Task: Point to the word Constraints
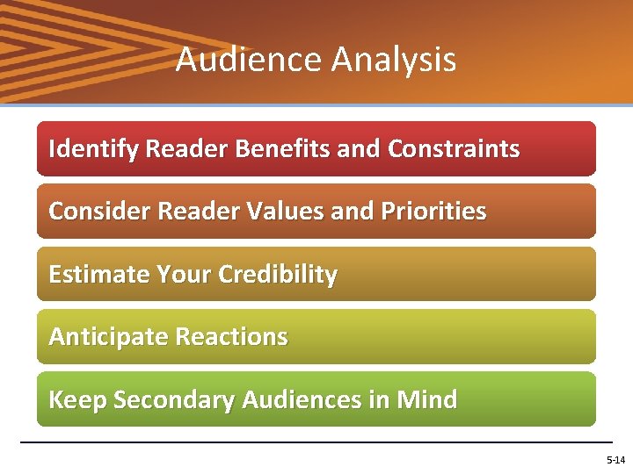[x=454, y=149]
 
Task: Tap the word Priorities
[x=433, y=212]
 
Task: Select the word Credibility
[x=278, y=275]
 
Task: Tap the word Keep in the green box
[x=77, y=400]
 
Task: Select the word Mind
[x=426, y=400]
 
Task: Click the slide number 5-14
[x=615, y=460]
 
